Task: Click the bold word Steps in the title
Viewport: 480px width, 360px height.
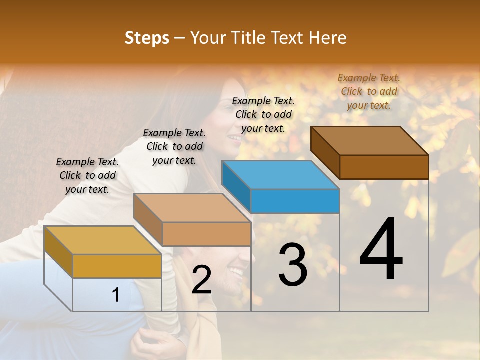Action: pyautogui.click(x=147, y=38)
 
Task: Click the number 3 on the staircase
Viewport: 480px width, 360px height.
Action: pyautogui.click(x=293, y=265)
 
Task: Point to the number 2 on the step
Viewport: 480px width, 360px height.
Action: pyautogui.click(x=201, y=280)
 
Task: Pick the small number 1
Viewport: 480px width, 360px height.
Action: pyautogui.click(x=116, y=295)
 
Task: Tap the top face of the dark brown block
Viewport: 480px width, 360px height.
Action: pyautogui.click(x=370, y=141)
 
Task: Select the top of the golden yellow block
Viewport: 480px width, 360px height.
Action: pyautogui.click(x=102, y=240)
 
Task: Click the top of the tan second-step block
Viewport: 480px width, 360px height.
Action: pyautogui.click(x=192, y=208)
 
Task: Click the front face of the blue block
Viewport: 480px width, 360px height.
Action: pyautogui.click(x=295, y=201)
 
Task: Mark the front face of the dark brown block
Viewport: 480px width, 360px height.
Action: pyautogui.click(x=384, y=167)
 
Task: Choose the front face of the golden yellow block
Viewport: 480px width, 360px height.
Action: pyautogui.click(x=117, y=266)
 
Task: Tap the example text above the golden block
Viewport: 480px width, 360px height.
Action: pyautogui.click(x=87, y=175)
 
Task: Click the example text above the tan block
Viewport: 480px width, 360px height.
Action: pyautogui.click(x=174, y=146)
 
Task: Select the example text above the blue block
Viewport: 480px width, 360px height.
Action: pyautogui.click(x=263, y=114)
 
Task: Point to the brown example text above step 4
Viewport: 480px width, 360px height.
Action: pyautogui.click(x=369, y=91)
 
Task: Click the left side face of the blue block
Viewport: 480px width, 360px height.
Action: pyautogui.click(x=236, y=186)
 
